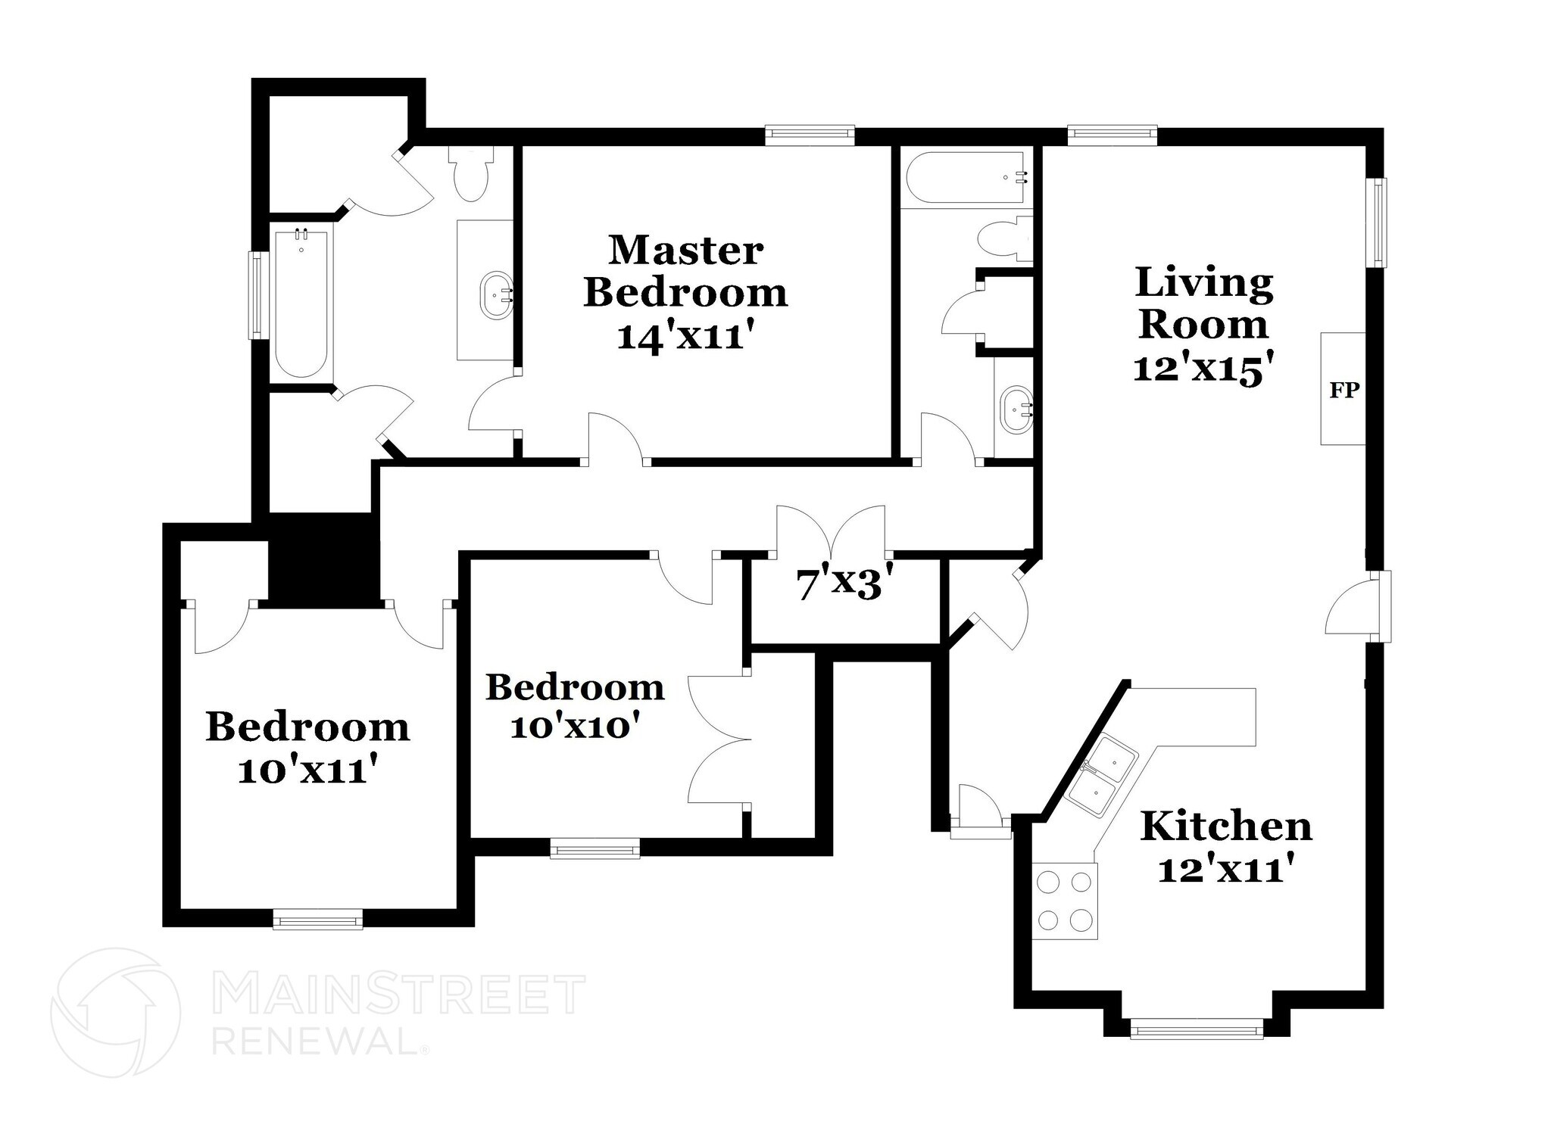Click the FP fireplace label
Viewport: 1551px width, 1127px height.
click(x=1344, y=391)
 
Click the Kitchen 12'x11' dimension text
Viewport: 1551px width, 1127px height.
click(x=1224, y=870)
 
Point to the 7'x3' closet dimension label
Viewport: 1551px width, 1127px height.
click(x=839, y=585)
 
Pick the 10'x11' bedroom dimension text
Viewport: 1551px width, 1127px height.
click(x=307, y=771)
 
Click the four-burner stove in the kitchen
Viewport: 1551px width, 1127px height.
click(x=1065, y=901)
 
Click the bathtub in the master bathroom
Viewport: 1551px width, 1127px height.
click(x=301, y=303)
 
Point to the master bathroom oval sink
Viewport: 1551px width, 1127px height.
click(x=497, y=294)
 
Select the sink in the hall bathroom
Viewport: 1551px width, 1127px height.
click(x=1015, y=409)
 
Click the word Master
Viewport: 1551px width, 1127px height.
click(x=685, y=251)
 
